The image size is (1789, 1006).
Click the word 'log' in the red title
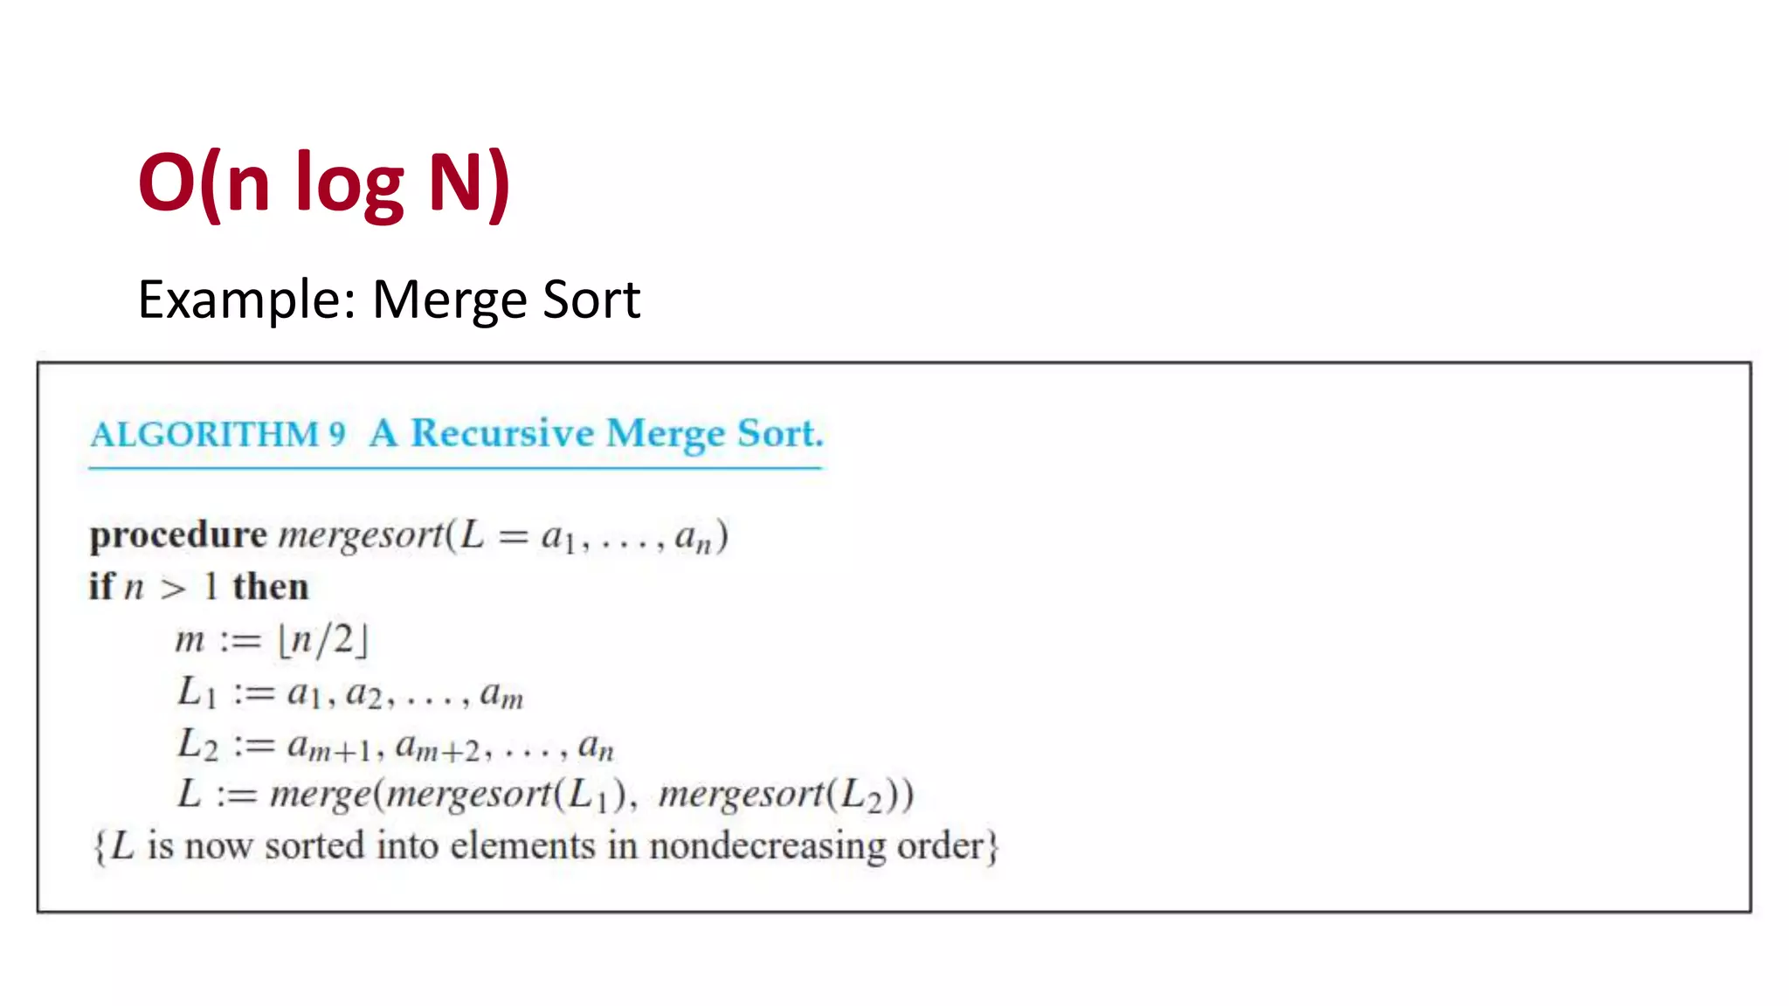(x=349, y=183)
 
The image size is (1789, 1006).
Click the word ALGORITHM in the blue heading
(x=204, y=434)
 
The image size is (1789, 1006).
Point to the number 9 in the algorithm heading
(x=337, y=434)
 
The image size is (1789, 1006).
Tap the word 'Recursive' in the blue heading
(x=502, y=433)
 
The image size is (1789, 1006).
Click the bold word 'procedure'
(x=178, y=534)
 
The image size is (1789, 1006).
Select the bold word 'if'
(x=100, y=586)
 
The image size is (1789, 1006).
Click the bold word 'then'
(x=271, y=587)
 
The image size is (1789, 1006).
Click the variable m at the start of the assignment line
(x=190, y=640)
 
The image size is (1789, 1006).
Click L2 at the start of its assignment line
(x=197, y=745)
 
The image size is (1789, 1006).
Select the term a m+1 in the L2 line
(x=330, y=748)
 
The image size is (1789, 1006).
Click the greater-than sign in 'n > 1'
(x=173, y=589)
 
